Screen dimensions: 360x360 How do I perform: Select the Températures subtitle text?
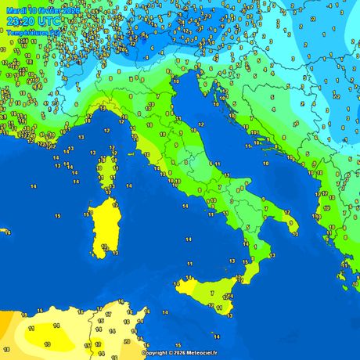pyautogui.click(x=28, y=33)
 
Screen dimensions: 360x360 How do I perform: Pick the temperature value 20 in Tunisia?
pyautogui.click(x=127, y=341)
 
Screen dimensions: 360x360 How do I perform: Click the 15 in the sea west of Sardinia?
pyautogui.click(x=58, y=215)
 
